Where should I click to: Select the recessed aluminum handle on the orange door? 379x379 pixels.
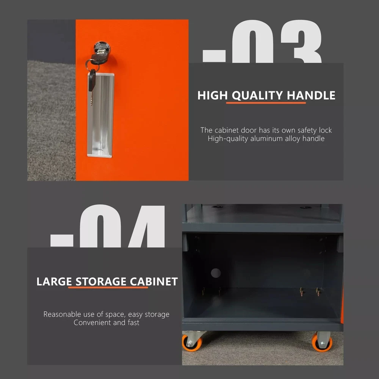point(100,115)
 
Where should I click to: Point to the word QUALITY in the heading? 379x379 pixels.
point(257,96)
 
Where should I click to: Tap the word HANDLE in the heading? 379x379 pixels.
point(311,95)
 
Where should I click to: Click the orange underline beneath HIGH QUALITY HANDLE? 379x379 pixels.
point(266,103)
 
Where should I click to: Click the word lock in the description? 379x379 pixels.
point(325,130)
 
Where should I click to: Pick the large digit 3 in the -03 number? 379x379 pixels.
point(301,42)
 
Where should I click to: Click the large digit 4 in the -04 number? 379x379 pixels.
point(147,226)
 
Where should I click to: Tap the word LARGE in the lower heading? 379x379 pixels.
point(54,282)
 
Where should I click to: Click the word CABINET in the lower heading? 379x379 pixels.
point(154,282)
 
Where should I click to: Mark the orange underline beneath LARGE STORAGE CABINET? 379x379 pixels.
point(108,287)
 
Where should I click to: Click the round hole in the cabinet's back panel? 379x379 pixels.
point(216,273)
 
